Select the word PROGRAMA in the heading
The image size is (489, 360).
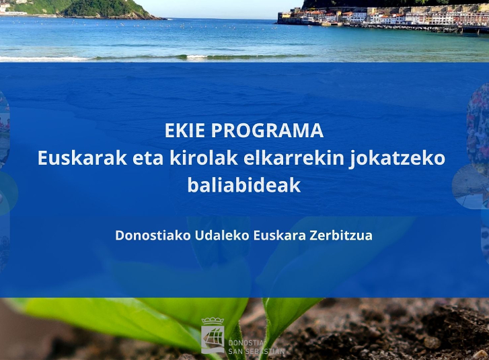click(267, 131)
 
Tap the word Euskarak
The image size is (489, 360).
click(82, 158)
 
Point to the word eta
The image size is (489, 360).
click(148, 159)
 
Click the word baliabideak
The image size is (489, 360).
click(244, 184)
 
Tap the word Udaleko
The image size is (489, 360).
click(222, 236)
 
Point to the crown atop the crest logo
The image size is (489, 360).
click(213, 321)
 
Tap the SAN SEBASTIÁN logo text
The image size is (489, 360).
click(256, 351)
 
